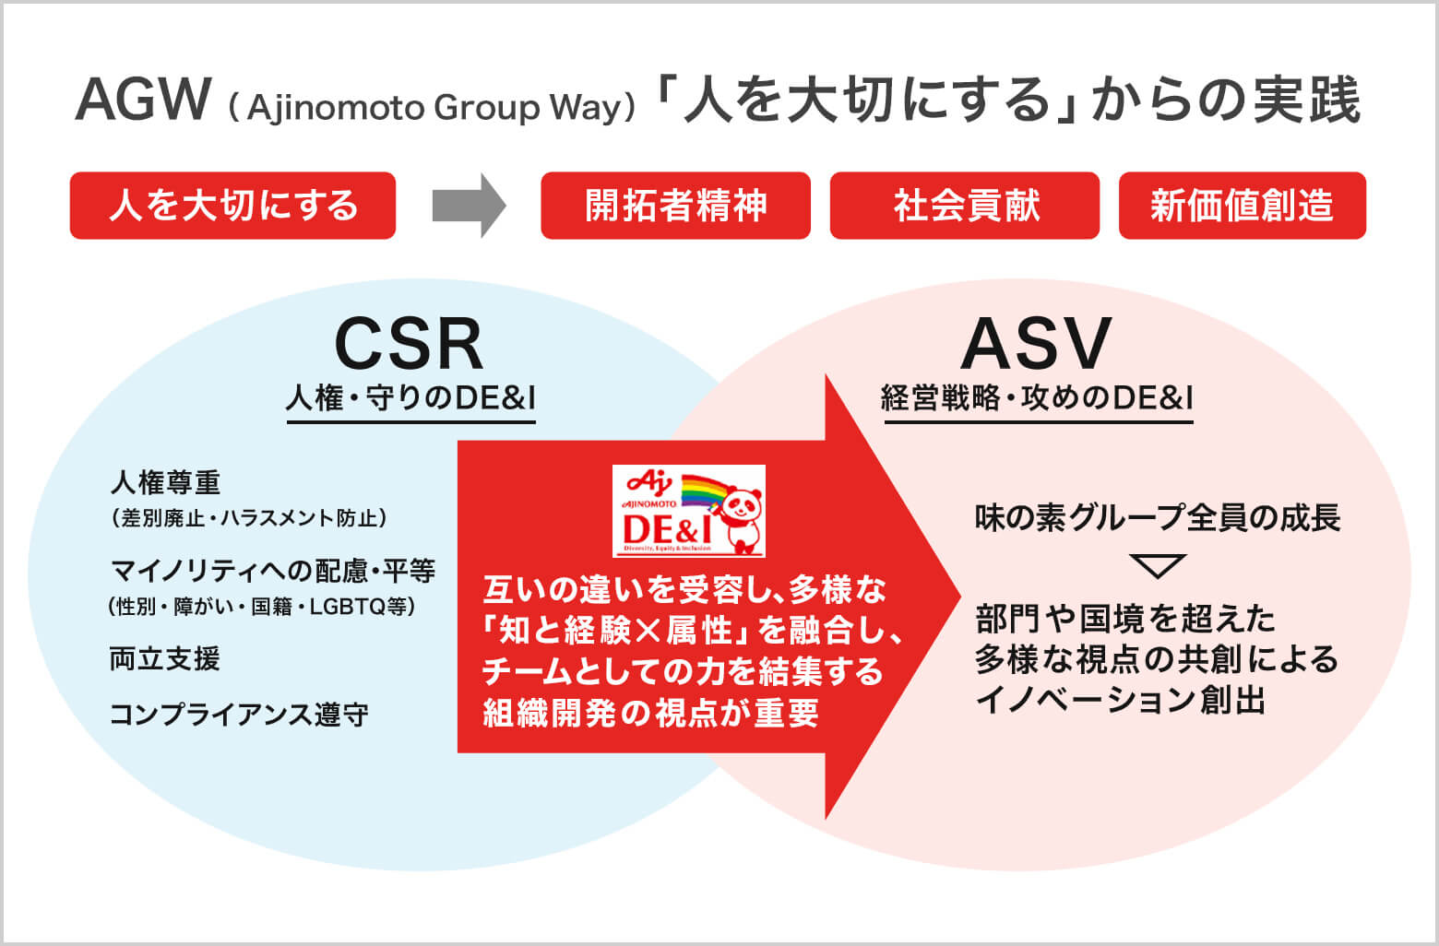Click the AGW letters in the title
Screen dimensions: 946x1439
[143, 100]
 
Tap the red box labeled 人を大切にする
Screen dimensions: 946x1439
[232, 206]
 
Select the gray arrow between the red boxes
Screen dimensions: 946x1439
[469, 206]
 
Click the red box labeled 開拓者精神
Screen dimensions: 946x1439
[675, 206]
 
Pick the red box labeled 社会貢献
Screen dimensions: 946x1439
[965, 206]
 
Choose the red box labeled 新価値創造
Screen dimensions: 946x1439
[1242, 206]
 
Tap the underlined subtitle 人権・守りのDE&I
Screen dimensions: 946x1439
[411, 398]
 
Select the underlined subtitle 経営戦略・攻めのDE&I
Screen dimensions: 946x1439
[1038, 398]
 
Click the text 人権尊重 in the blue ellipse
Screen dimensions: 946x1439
[166, 482]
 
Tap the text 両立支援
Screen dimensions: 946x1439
[165, 659]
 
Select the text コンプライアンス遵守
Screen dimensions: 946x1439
[239, 715]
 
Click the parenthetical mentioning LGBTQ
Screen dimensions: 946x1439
[262, 607]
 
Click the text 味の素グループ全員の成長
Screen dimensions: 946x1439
[1158, 518]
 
